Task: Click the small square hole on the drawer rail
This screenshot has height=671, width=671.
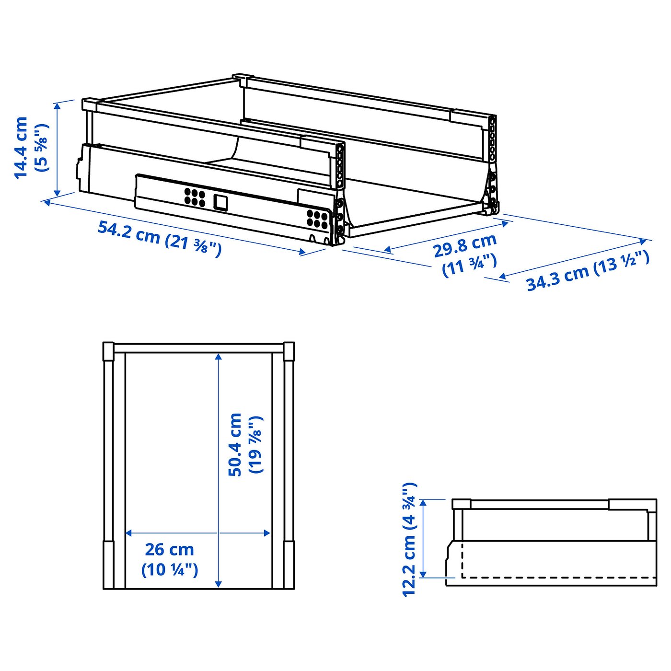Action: click(220, 203)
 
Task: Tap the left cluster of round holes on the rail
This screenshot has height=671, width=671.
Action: click(195, 197)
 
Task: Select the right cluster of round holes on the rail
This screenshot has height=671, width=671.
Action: click(317, 219)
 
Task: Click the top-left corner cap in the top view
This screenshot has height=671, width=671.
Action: click(109, 351)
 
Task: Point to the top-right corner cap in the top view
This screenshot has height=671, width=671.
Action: click(289, 351)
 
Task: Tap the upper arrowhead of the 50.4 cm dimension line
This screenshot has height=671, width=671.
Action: click(219, 357)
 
